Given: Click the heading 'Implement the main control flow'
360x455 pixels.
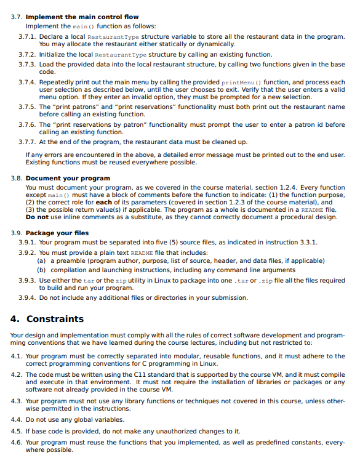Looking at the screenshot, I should click(x=82, y=17).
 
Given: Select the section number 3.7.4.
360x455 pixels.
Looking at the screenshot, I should click(x=26, y=82).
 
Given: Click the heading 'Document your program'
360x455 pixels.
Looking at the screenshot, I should click(x=68, y=179).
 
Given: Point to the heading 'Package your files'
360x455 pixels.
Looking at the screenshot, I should click(x=57, y=233).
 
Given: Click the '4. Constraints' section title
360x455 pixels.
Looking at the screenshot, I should click(x=47, y=319).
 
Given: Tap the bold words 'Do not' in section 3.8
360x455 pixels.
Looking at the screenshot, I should click(x=36, y=217).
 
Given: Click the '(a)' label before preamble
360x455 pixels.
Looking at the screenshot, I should click(x=41, y=261).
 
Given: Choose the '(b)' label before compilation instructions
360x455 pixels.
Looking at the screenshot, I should click(x=41, y=270).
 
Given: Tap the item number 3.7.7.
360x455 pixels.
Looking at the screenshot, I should click(x=26, y=142).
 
